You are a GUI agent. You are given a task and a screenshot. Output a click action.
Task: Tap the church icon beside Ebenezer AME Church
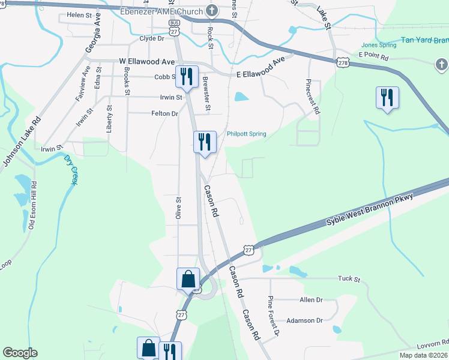point(211,10)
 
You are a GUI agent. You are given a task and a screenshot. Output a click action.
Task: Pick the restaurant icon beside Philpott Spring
point(205,143)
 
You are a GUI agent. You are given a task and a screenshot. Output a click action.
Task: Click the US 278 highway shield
point(343,62)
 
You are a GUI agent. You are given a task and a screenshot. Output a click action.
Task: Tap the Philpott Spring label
point(246,134)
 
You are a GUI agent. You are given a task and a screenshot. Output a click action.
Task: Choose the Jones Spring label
point(379,45)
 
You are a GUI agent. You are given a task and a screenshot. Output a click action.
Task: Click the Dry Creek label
point(71,169)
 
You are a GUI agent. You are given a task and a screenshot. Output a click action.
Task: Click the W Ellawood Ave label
point(146,62)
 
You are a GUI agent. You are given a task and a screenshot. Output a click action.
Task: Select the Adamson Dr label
point(304,320)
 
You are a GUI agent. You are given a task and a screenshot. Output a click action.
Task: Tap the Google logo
point(20,353)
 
